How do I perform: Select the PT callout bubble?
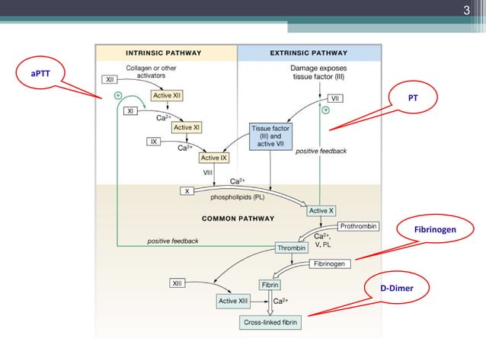point(412,99)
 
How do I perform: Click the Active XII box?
point(166,95)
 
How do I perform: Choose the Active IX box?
point(214,158)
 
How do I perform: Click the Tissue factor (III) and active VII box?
point(270,137)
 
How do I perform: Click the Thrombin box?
point(290,247)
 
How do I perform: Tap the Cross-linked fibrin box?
point(271,323)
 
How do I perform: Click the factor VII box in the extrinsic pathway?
point(335,98)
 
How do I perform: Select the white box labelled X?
point(187,191)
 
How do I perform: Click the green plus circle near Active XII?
point(118,95)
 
